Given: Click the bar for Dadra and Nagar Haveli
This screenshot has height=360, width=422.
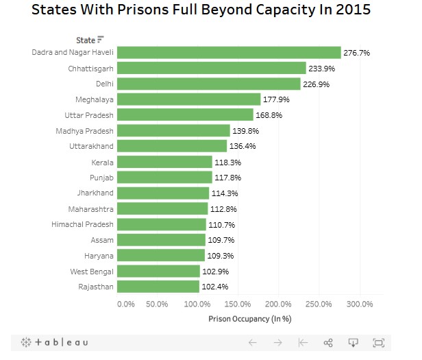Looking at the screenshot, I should pos(229,52).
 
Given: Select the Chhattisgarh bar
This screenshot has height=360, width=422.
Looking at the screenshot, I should pos(212,68).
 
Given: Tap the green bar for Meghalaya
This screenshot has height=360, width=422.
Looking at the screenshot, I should pos(189,99).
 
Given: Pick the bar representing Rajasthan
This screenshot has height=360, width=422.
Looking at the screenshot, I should pos(158,287).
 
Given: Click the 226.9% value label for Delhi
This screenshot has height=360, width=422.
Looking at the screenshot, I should pos(317,84).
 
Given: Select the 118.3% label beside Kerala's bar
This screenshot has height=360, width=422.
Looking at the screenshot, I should pos(229,162).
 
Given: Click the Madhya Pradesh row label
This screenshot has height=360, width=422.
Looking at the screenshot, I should pos(85,130).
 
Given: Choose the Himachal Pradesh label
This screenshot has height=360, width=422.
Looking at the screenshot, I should pos(82,224).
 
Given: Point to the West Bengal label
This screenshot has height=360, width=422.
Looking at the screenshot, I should pos(92,272).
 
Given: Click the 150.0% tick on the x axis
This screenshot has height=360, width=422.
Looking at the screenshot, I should pos(238,304).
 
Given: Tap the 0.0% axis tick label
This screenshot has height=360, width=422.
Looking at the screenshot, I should pos(126,304).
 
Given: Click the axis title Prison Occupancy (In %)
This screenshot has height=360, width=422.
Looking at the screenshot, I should pos(249,319).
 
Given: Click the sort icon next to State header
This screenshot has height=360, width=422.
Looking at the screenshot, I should pos(101,40).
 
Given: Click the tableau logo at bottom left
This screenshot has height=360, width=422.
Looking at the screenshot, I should pos(54,342).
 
